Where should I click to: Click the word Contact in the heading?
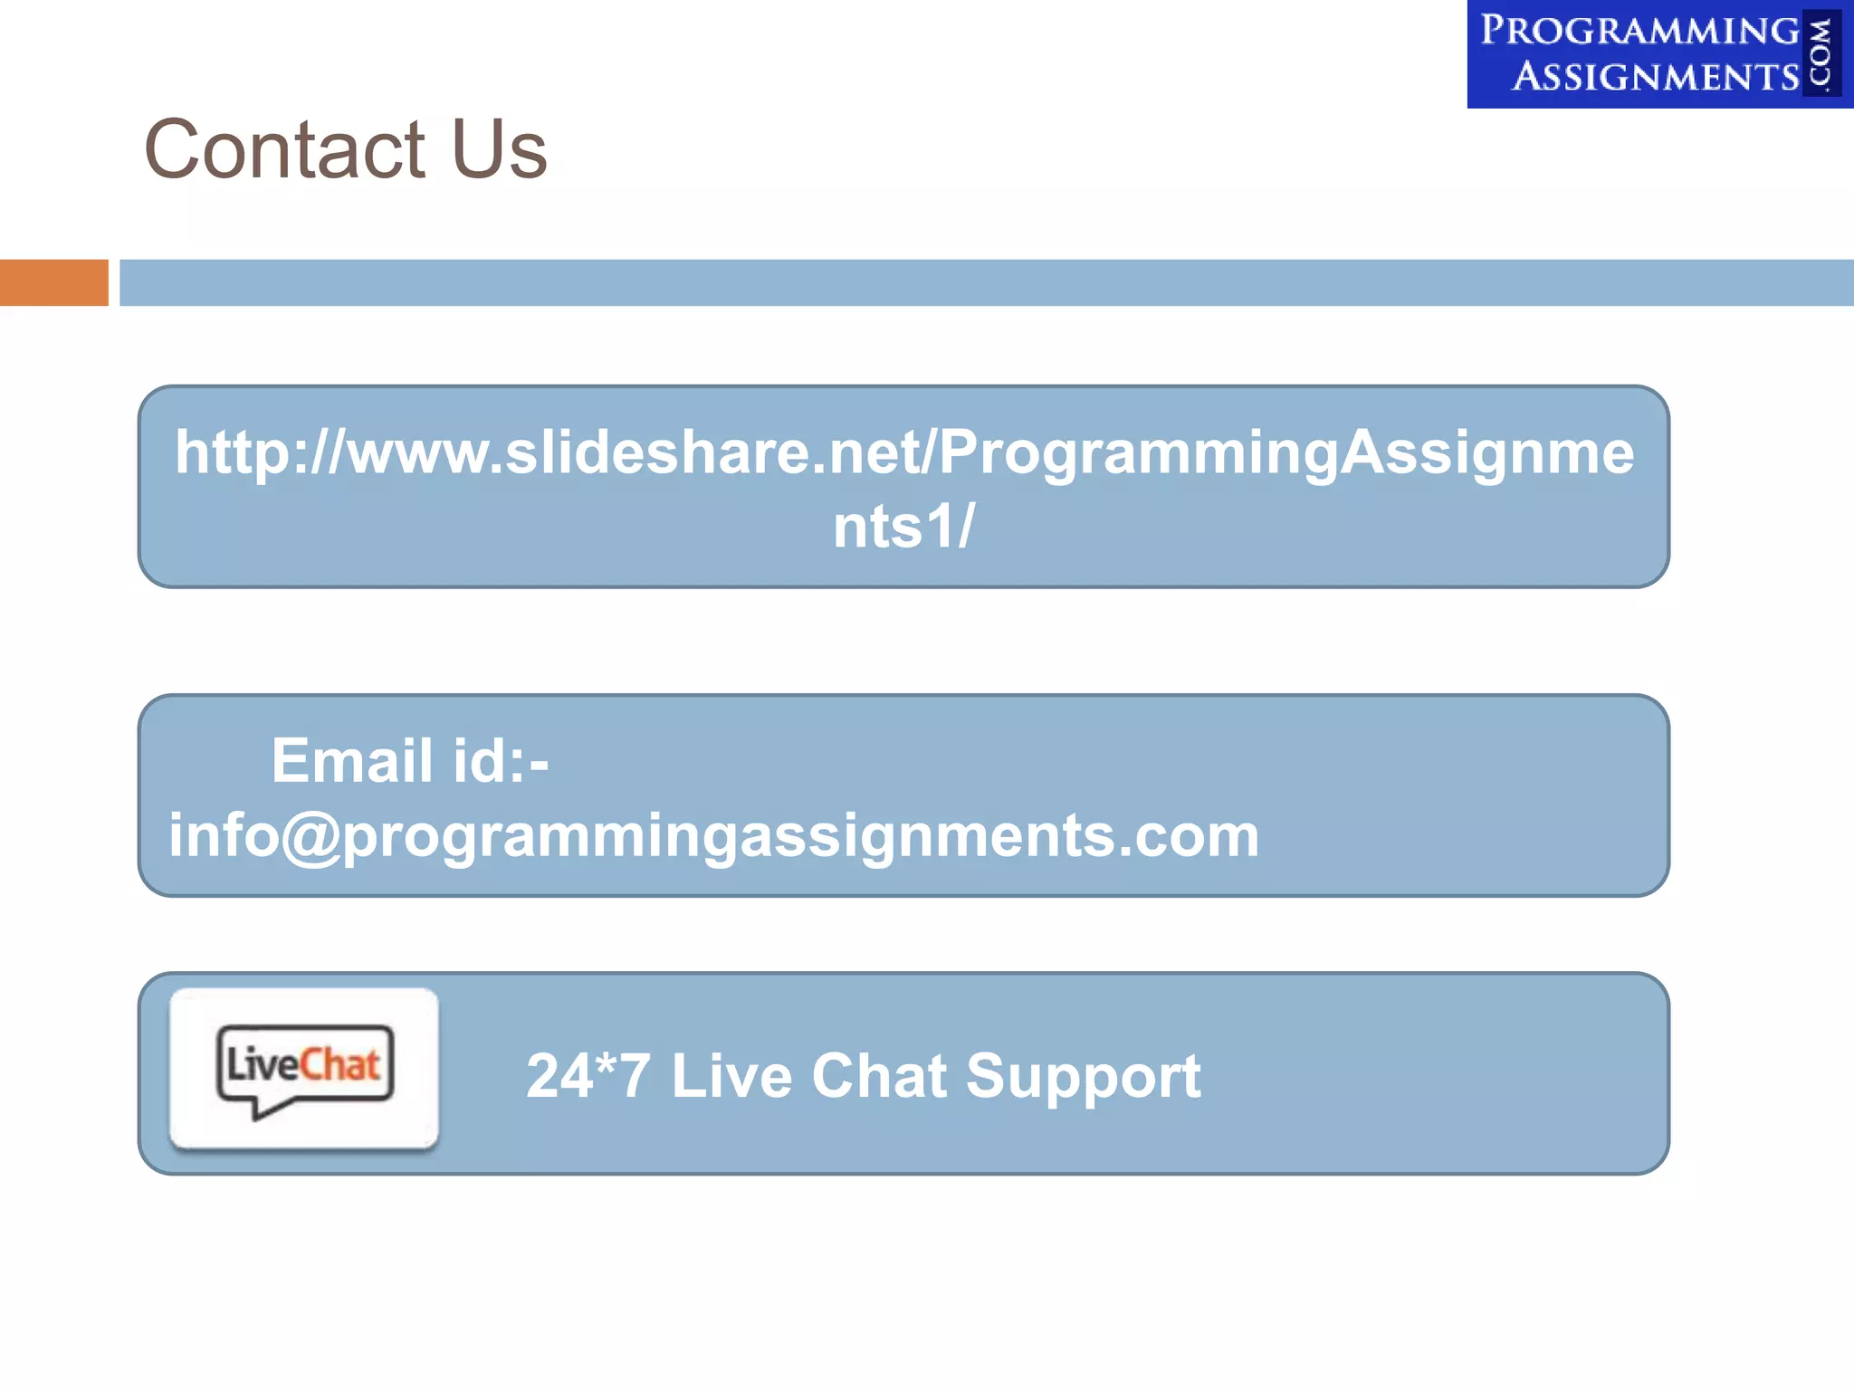(x=284, y=149)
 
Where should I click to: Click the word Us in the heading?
(x=499, y=149)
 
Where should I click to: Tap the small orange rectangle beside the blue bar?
(x=53, y=282)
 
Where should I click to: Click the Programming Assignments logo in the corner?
(x=1658, y=54)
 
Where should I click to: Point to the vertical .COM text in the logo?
(x=1821, y=54)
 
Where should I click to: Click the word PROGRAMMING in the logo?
(x=1639, y=31)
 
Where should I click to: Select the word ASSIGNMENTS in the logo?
(x=1656, y=77)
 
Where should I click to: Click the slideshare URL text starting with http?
(x=903, y=452)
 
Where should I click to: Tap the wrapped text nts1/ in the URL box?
(x=903, y=526)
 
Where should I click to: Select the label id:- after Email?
(x=501, y=760)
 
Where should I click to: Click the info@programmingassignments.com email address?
(x=713, y=835)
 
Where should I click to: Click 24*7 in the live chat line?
(x=588, y=1076)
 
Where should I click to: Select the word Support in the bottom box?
(x=1083, y=1076)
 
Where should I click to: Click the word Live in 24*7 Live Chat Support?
(x=731, y=1076)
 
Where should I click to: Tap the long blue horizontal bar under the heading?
(x=986, y=282)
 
